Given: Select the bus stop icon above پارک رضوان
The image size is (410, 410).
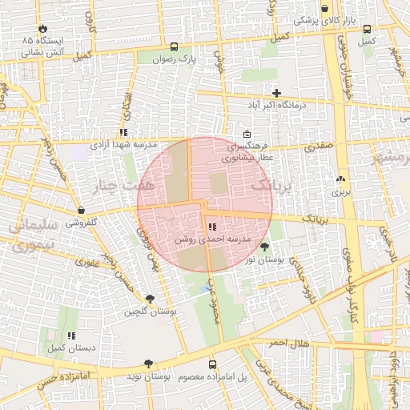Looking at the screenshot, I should click(175, 46).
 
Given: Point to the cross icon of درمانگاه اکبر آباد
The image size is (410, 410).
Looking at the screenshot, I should click(277, 93).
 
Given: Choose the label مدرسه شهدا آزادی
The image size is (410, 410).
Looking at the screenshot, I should click(122, 144).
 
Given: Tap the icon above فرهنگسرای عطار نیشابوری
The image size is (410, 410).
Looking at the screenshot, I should click(246, 134).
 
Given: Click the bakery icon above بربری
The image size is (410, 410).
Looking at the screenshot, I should click(341, 179).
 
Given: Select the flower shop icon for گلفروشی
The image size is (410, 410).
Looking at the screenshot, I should click(81, 210).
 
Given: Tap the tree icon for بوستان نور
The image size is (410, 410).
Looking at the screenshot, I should click(264, 247).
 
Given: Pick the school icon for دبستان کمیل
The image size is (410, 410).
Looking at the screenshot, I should click(70, 336).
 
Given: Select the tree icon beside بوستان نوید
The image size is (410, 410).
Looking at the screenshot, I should click(149, 364).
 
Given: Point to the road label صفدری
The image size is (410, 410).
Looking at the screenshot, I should click(319, 147).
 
